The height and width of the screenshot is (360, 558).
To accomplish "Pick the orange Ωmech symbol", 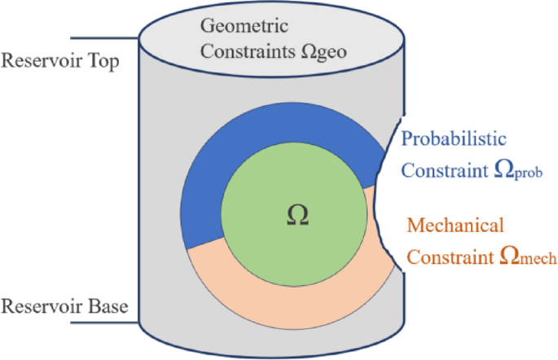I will coord(516,257).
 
